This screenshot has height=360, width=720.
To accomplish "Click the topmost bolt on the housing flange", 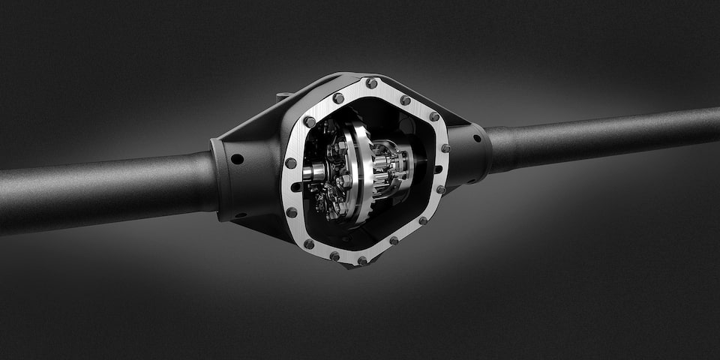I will pyautogui.click(x=371, y=83).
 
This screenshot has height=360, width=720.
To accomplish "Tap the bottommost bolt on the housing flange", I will pyautogui.click(x=362, y=261).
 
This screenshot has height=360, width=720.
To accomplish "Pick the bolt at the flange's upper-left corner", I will pyautogui.click(x=309, y=121).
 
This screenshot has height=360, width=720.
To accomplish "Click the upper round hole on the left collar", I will pyautogui.click(x=236, y=159).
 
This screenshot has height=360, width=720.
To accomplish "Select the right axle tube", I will pyautogui.click(x=600, y=139).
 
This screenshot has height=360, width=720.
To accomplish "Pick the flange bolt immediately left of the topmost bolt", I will pyautogui.click(x=338, y=97).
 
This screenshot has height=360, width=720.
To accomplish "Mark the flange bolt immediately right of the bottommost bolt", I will pyautogui.click(x=394, y=241).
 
